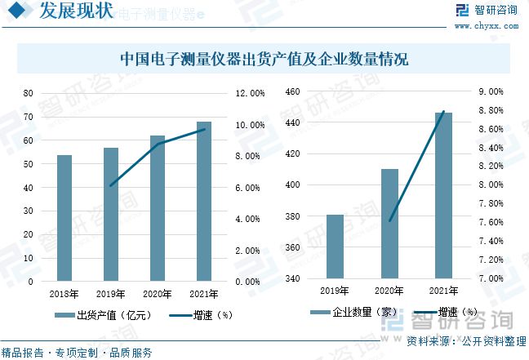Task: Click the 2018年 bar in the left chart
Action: point(64,218)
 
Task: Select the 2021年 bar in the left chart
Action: point(203,202)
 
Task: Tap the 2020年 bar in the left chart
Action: point(157,208)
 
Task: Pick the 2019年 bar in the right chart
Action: point(335,247)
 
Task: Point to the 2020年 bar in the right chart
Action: point(389,224)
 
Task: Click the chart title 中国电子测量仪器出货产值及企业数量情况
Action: point(264,60)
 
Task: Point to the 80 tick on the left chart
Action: point(29,93)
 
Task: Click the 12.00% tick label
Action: point(250,93)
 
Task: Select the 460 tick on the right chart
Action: point(292,91)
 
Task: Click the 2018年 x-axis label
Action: point(64,294)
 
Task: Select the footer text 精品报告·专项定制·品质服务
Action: point(77,353)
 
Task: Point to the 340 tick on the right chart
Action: point(292,279)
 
